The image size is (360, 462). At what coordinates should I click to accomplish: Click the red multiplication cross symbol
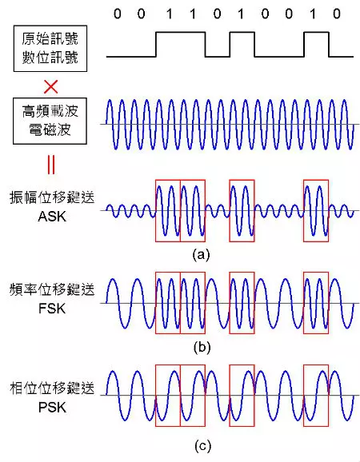pyautogui.click(x=50, y=87)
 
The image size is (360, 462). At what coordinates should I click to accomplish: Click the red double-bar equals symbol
pyautogui.click(x=50, y=165)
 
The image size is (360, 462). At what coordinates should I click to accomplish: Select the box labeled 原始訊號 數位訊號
pyautogui.click(x=50, y=48)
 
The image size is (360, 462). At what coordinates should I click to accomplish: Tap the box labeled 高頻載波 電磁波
pyautogui.click(x=50, y=121)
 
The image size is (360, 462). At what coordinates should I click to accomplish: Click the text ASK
pyautogui.click(x=52, y=217)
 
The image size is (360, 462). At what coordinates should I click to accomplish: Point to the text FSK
pyautogui.click(x=52, y=309)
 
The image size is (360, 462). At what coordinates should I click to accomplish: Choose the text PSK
pyautogui.click(x=52, y=408)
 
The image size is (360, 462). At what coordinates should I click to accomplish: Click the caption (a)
pyautogui.click(x=201, y=254)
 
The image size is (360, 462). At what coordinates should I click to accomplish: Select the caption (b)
pyautogui.click(x=202, y=347)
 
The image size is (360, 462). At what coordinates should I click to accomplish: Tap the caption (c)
pyautogui.click(x=203, y=446)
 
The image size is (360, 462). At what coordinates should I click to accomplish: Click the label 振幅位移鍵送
pyautogui.click(x=52, y=197)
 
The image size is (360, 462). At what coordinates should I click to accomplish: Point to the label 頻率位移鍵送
pyautogui.click(x=52, y=289)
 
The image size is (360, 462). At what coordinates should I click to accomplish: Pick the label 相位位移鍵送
pyautogui.click(x=52, y=388)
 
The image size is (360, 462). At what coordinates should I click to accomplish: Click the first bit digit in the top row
pyautogui.click(x=118, y=14)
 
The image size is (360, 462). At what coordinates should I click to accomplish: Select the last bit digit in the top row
pyautogui.click(x=337, y=14)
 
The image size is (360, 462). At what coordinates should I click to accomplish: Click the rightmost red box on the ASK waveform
pyautogui.click(x=304, y=211)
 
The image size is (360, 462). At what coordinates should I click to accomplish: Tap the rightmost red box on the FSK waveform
pyautogui.click(x=304, y=303)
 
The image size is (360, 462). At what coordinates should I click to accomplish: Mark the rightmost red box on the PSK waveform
pyautogui.click(x=304, y=396)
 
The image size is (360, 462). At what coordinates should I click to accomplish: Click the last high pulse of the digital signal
pyautogui.click(x=316, y=33)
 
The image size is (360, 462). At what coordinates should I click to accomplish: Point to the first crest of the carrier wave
pyautogui.click(x=110, y=101)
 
